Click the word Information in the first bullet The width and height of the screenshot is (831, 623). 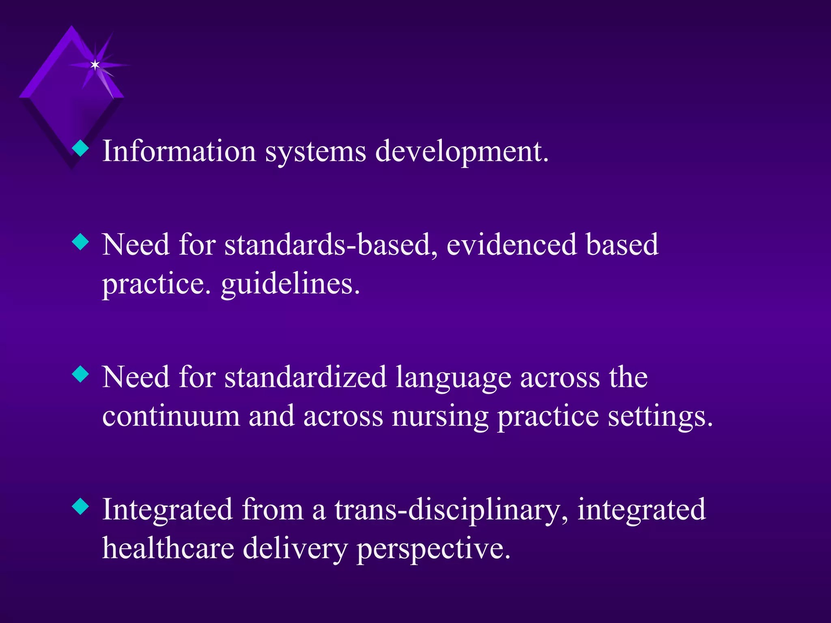click(179, 151)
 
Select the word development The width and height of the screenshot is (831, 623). click(462, 152)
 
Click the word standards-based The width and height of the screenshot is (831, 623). click(331, 245)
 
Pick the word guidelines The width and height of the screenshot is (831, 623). click(290, 284)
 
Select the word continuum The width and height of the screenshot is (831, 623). click(171, 417)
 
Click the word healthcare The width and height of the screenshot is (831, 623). click(168, 548)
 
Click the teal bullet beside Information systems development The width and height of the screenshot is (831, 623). click(80, 148)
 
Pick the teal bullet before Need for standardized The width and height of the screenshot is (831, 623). click(80, 374)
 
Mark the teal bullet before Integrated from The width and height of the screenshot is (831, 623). click(80, 507)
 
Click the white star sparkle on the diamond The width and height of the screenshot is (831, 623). click(95, 65)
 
